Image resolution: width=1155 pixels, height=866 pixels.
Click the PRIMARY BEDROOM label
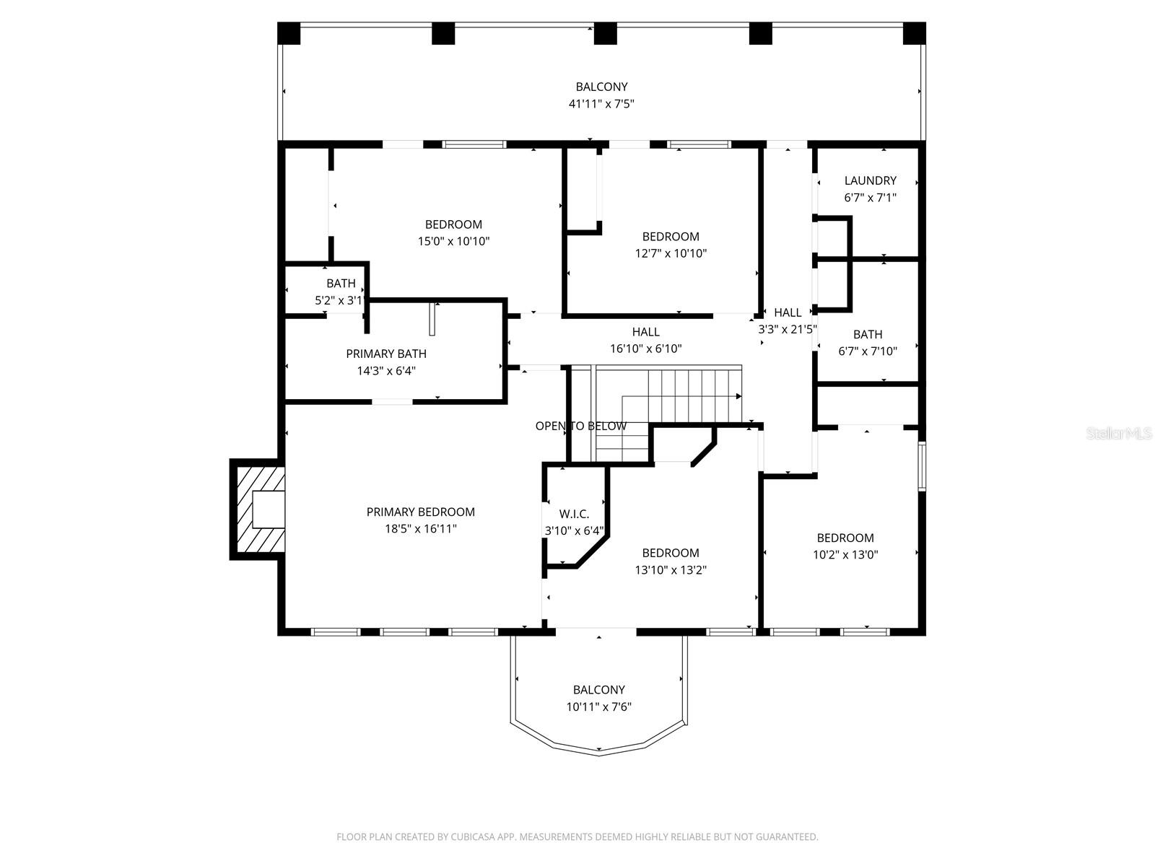click(420, 512)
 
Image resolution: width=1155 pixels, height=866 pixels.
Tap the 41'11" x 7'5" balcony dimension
click(601, 104)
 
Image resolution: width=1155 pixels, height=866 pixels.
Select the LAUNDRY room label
click(870, 180)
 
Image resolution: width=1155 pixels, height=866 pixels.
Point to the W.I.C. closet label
click(574, 514)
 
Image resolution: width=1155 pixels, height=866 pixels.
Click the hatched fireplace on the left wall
click(258, 509)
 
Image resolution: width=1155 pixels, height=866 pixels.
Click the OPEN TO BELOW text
click(580, 426)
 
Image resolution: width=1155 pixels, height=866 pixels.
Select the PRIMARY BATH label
click(385, 354)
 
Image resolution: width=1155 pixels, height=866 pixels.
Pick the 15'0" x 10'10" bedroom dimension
click(453, 242)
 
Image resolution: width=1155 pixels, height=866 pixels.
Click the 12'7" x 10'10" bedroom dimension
click(670, 253)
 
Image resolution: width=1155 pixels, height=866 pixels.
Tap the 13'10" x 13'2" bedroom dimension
click(670, 570)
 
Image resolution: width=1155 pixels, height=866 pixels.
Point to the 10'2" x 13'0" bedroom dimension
click(845, 555)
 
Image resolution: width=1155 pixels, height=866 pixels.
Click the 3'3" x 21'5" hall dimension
click(787, 329)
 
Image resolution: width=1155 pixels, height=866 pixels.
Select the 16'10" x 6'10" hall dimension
click(645, 349)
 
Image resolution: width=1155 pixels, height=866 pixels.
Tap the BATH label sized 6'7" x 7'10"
click(867, 334)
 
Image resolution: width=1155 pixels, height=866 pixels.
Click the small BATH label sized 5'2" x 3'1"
click(340, 284)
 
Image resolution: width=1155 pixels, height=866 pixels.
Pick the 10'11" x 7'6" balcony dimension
click(598, 707)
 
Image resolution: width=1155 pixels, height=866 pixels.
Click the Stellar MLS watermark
click(1118, 434)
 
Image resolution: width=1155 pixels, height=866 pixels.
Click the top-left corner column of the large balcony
click(289, 33)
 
